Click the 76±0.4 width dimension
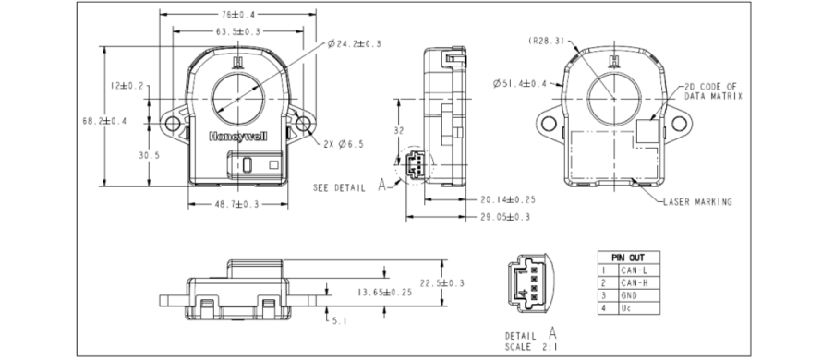click(238, 14)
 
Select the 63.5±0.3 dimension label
click(238, 31)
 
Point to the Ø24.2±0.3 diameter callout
click(355, 44)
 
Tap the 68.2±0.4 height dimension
click(105, 121)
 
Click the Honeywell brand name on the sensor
click(238, 137)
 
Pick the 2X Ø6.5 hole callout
click(344, 144)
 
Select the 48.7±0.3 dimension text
click(237, 204)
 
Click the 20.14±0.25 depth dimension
click(507, 199)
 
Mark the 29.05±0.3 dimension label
click(505, 216)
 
